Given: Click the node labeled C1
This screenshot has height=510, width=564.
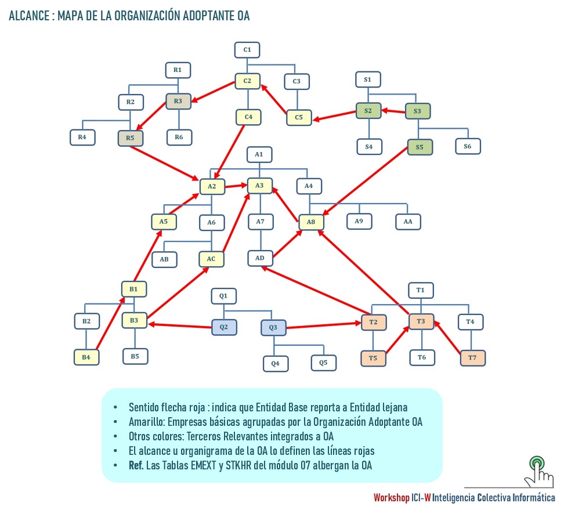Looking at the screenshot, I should click(x=247, y=50).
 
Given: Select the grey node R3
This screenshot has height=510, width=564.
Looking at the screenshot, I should click(x=178, y=102).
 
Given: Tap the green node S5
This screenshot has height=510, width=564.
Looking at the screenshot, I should click(x=420, y=147).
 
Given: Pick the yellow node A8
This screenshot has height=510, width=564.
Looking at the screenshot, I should click(x=311, y=222).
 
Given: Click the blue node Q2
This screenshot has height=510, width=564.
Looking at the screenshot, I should click(x=224, y=327).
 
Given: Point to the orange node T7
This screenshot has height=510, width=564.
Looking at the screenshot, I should click(x=472, y=358).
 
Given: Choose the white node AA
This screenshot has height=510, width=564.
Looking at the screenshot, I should click(x=408, y=221).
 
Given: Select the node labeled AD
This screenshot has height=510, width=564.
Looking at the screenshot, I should click(x=260, y=257).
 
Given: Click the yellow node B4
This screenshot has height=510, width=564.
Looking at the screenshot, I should click(x=86, y=357).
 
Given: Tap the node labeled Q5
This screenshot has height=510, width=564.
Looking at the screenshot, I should click(x=323, y=363).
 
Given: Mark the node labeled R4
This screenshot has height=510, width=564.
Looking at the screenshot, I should click(x=82, y=138).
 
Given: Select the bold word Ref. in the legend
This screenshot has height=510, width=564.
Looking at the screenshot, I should click(x=136, y=465).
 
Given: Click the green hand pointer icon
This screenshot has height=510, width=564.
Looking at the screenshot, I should click(x=537, y=471).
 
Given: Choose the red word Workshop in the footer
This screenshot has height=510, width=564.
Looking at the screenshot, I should click(x=391, y=498).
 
